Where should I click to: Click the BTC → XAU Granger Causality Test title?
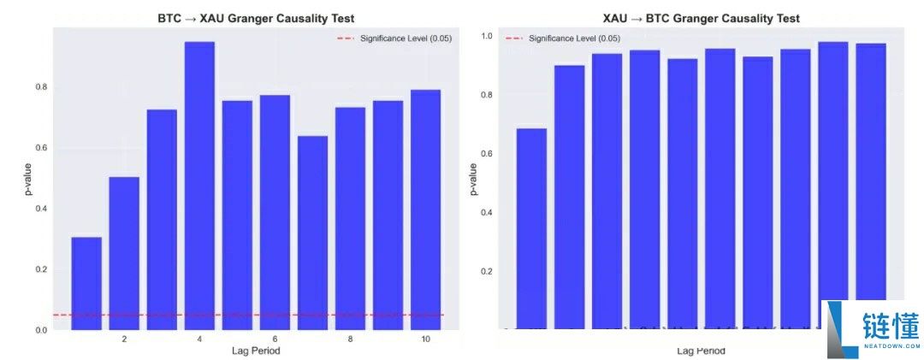[256, 18]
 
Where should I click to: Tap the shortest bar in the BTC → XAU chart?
[86, 283]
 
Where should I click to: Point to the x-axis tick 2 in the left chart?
[124, 339]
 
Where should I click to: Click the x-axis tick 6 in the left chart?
[275, 339]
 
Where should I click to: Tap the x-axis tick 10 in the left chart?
[425, 339]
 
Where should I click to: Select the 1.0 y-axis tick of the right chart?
[487, 37]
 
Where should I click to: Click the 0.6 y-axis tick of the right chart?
[487, 154]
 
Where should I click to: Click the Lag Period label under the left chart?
[256, 351]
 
